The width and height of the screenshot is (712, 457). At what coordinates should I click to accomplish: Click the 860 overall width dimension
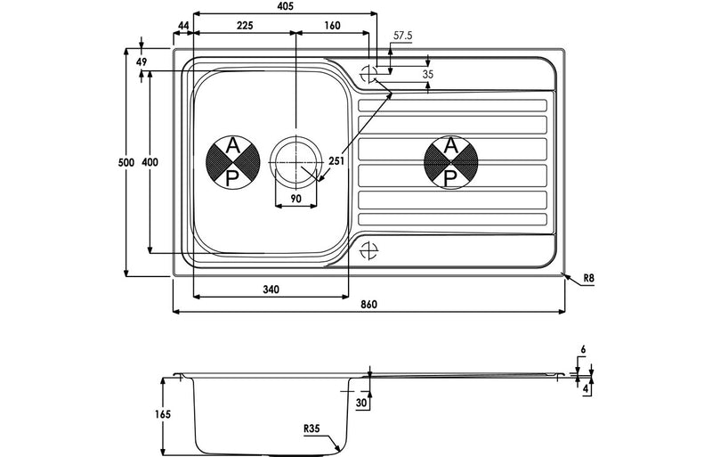pyautogui.click(x=369, y=305)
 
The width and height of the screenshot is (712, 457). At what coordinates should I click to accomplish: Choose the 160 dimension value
pyautogui.click(x=332, y=26)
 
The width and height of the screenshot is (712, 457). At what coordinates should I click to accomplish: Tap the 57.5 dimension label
pyautogui.click(x=403, y=36)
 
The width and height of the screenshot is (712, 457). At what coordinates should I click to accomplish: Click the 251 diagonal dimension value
pyautogui.click(x=336, y=161)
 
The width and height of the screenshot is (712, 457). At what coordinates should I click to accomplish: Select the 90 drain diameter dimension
pyautogui.click(x=295, y=199)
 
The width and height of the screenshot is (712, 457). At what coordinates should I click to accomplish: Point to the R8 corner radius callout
pyautogui.click(x=588, y=280)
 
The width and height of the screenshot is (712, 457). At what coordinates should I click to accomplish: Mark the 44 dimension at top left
pyautogui.click(x=182, y=26)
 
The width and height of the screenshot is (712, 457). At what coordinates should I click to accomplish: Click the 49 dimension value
pyautogui.click(x=142, y=61)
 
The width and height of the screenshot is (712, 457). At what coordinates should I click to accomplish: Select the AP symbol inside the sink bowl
pyautogui.click(x=232, y=162)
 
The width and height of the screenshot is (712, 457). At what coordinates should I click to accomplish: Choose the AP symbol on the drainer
pyautogui.click(x=451, y=163)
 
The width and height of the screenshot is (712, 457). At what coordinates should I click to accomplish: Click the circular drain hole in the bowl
pyautogui.click(x=295, y=162)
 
